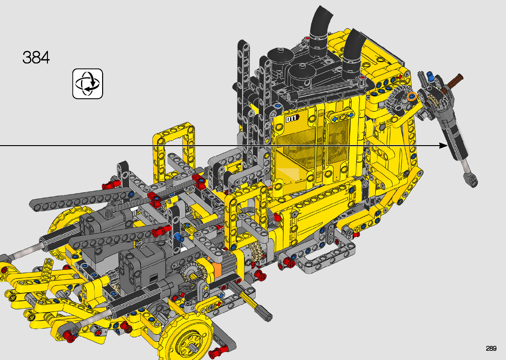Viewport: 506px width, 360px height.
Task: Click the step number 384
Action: [x=36, y=58]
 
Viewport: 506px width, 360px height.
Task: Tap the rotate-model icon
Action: [x=88, y=84]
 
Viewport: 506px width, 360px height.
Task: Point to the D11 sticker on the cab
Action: [x=292, y=118]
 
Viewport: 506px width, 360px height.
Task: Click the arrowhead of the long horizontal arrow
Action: [x=443, y=145]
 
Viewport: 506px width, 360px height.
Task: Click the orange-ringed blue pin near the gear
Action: [x=411, y=97]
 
